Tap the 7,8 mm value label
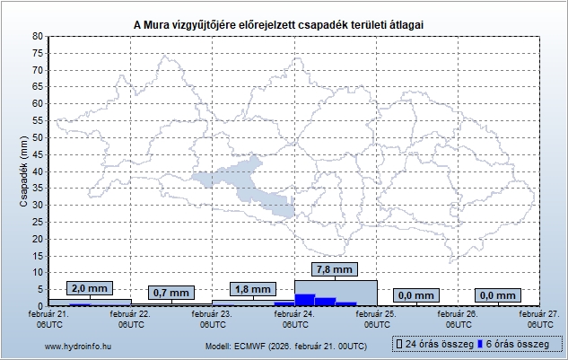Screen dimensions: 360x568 336,268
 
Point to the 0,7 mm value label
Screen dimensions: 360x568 170,293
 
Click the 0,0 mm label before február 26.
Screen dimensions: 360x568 416,295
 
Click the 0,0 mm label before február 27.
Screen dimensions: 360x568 499,295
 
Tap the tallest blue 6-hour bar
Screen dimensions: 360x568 304,300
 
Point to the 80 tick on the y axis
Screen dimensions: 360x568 37,36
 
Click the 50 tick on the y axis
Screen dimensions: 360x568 37,137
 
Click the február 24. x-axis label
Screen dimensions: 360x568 294,314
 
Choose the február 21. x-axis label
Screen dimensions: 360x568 49,314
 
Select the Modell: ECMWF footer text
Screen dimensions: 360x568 285,346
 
